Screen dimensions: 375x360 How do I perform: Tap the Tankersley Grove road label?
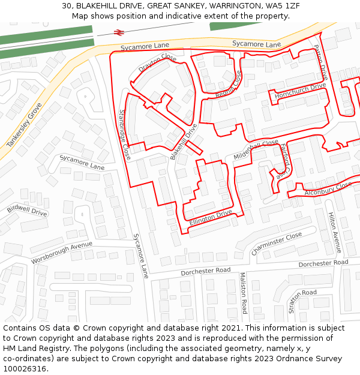[24, 125]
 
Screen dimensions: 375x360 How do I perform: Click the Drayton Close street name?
[157, 64]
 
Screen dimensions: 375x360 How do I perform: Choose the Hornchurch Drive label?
[300, 91]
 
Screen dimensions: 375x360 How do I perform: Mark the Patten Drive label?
[321, 62]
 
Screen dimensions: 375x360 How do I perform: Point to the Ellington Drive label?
[211, 217]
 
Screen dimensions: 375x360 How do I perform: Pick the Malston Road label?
[243, 293]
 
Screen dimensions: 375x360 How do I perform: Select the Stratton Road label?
[302, 300]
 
